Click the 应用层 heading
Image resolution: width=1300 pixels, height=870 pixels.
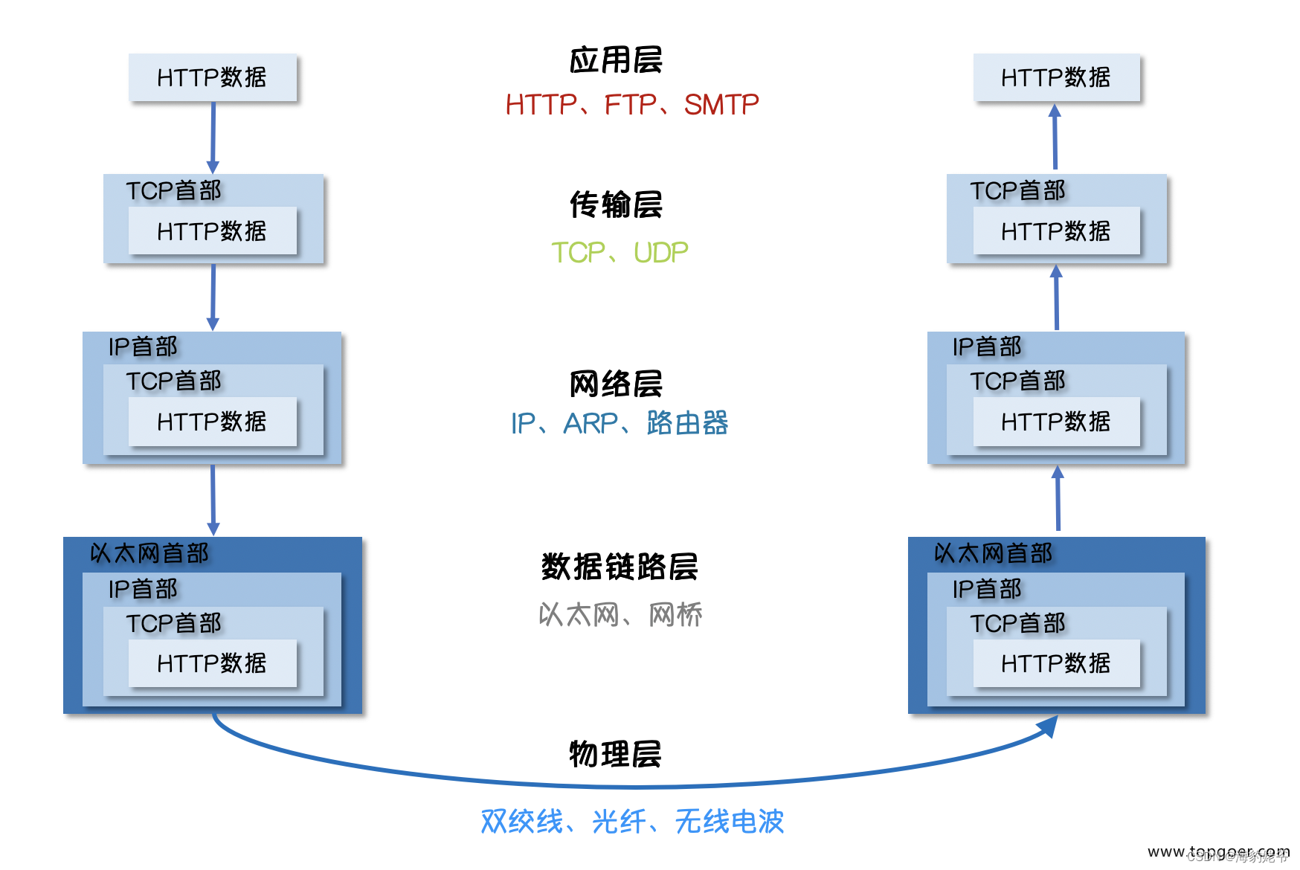click(x=615, y=60)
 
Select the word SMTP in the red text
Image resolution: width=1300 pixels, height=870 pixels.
click(x=721, y=105)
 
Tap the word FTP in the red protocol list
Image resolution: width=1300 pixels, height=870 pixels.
click(x=630, y=105)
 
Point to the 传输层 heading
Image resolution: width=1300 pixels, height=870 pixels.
click(x=615, y=204)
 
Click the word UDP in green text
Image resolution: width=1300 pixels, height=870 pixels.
click(x=660, y=253)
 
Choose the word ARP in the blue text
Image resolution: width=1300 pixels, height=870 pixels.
click(x=591, y=424)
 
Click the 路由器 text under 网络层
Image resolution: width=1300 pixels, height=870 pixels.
click(x=686, y=423)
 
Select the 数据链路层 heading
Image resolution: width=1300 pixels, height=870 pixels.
click(x=619, y=567)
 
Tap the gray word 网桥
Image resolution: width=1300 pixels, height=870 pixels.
click(x=675, y=615)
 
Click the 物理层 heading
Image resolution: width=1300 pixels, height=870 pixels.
click(x=615, y=754)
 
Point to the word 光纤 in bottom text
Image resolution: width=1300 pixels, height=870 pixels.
click(x=618, y=822)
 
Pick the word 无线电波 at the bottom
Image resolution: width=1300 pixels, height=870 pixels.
click(x=729, y=822)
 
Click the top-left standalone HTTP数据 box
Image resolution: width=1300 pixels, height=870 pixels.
click(x=212, y=77)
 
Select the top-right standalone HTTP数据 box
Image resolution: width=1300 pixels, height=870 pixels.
click(x=1056, y=77)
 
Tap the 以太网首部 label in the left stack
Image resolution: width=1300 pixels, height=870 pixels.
click(x=149, y=553)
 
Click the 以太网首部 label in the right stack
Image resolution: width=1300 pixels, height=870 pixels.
click(x=993, y=553)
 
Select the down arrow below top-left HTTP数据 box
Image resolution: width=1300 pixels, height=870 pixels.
click(x=213, y=138)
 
